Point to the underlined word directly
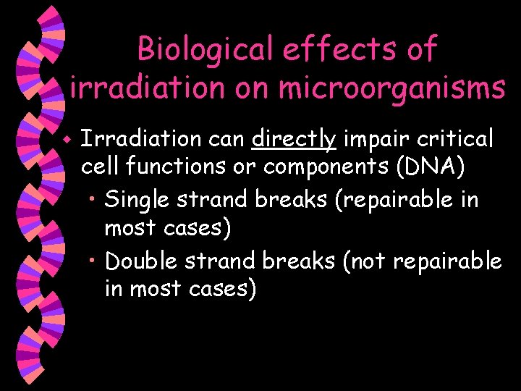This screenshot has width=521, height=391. click(295, 138)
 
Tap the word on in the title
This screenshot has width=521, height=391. click(247, 88)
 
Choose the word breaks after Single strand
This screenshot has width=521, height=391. click(295, 199)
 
